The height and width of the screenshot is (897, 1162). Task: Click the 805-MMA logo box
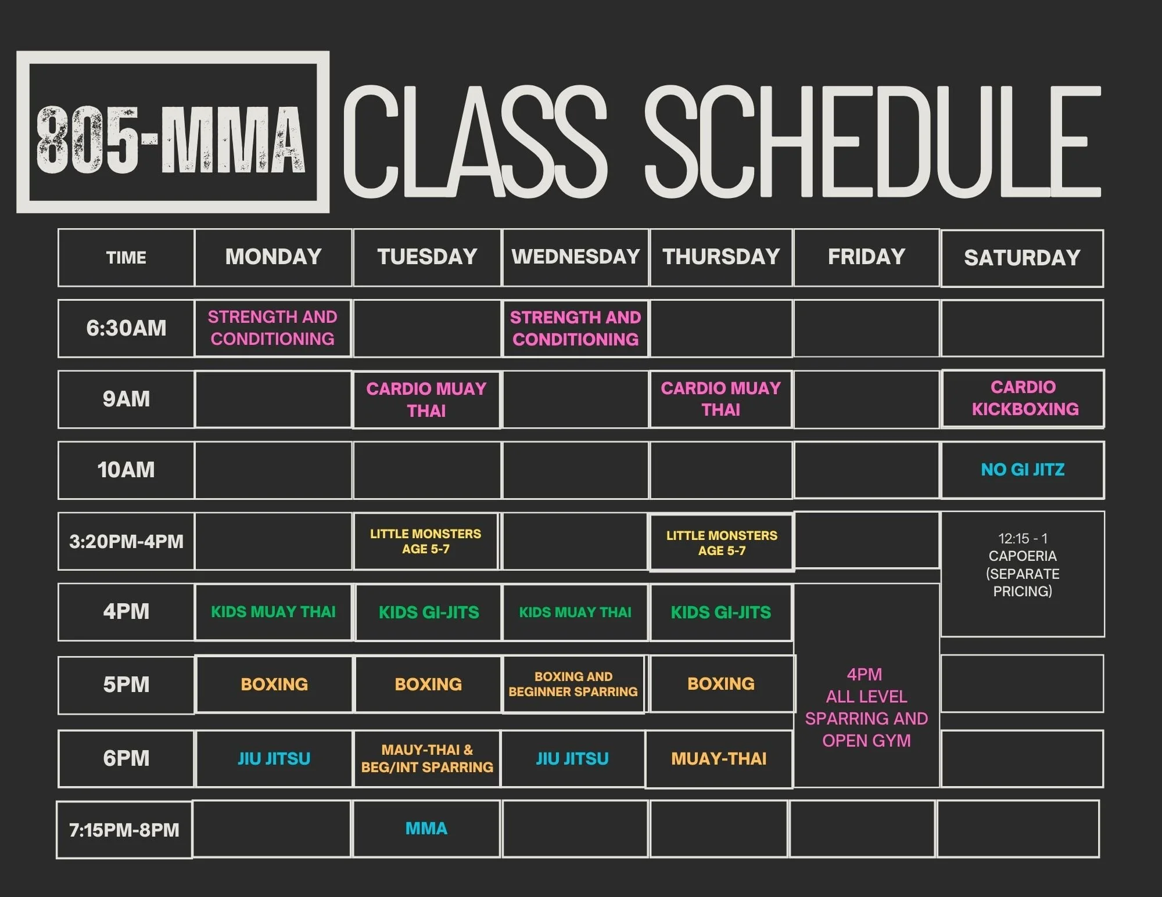point(173,132)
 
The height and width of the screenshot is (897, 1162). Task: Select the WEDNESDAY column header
point(575,257)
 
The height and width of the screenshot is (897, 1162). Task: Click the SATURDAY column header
point(1022,258)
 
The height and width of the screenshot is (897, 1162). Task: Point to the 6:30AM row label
point(126,328)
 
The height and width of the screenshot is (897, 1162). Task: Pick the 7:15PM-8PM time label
point(124,830)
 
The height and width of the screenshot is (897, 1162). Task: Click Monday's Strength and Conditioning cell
point(272,328)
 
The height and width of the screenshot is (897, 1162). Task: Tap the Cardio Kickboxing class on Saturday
point(1024,398)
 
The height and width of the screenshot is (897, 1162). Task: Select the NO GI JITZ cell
point(1023,470)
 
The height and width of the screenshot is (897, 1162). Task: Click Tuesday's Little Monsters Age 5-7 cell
point(426,541)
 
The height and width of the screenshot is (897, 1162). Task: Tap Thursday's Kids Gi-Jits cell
point(721,613)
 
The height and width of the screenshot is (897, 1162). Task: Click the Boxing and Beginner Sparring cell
point(573,684)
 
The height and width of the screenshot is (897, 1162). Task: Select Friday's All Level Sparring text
point(866,708)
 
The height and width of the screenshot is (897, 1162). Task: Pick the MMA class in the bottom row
point(426,828)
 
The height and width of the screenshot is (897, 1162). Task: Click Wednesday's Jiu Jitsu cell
point(572,759)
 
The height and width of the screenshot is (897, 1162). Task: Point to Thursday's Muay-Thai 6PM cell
point(719,759)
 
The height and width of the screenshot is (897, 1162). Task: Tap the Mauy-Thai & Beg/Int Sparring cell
point(427,759)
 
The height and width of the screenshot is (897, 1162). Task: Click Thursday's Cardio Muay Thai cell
point(721,399)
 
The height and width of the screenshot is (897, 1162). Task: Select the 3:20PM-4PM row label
point(126,541)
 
